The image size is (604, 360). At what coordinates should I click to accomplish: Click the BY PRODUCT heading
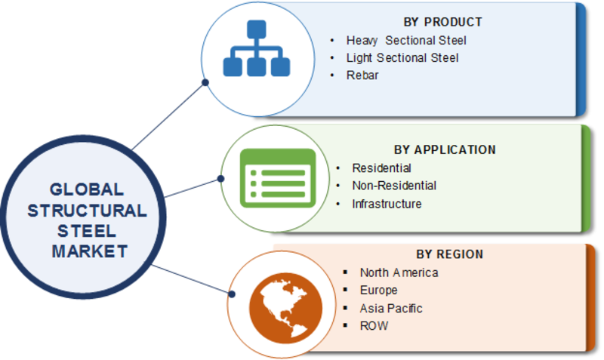[442, 23]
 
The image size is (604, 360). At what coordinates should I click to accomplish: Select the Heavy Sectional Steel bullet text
[406, 41]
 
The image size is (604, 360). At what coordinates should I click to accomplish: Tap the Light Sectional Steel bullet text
[402, 58]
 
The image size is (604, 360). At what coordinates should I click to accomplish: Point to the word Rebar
[362, 75]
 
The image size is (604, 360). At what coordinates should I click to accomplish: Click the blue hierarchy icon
[257, 48]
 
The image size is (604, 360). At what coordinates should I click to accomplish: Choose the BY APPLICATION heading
[445, 149]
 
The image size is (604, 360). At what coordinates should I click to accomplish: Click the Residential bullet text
[381, 168]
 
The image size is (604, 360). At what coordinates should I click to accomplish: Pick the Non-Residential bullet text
[394, 186]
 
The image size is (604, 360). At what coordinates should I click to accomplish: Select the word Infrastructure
[387, 204]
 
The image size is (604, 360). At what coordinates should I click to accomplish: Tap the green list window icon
[278, 178]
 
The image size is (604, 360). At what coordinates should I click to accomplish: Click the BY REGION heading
[449, 254]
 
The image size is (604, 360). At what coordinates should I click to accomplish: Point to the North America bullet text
[399, 272]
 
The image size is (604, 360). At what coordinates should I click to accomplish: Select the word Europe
[378, 291]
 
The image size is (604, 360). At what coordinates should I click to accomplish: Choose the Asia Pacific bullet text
[391, 309]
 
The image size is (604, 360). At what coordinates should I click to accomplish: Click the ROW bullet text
[374, 326]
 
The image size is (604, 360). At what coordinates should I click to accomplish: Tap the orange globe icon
[285, 308]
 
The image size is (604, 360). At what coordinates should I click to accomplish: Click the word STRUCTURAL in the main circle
[87, 211]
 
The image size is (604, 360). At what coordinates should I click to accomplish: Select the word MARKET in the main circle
[89, 251]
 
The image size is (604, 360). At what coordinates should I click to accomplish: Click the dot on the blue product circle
[205, 82]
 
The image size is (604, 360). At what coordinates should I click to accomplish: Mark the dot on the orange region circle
[232, 294]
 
